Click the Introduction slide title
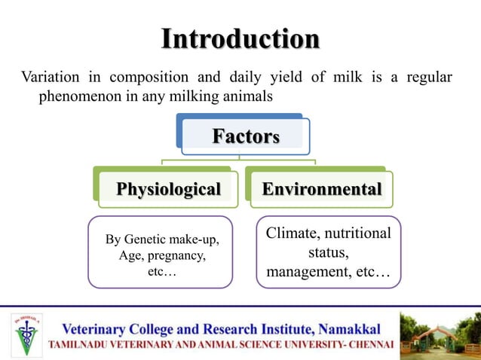pyautogui.click(x=240, y=38)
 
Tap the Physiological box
pyautogui.click(x=168, y=188)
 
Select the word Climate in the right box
pyautogui.click(x=293, y=234)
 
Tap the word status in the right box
pyautogui.click(x=328, y=252)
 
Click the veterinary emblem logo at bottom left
pyautogui.click(x=28, y=334)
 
